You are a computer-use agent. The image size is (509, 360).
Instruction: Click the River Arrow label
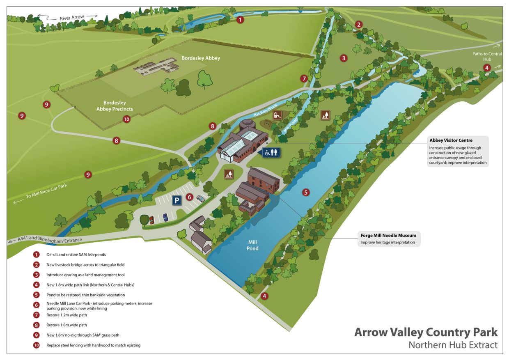coord(72,18)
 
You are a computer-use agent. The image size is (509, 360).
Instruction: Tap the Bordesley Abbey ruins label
coord(201,58)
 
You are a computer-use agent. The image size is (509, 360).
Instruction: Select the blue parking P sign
coord(176,200)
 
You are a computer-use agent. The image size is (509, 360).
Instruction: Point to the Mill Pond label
coord(252,245)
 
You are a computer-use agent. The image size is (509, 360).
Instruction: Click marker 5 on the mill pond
coord(306,192)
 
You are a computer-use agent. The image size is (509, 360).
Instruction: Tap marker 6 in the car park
coord(189,197)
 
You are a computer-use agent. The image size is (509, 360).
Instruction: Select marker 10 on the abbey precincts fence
coord(126,119)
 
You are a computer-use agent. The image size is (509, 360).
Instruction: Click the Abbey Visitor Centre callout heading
coord(451,140)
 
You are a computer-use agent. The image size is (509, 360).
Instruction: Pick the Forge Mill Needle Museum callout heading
coord(388,236)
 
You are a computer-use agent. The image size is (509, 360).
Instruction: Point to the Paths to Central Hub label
coord(487,56)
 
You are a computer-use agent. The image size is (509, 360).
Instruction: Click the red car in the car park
coord(151,220)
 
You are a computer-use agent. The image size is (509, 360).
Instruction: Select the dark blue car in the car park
coord(165,217)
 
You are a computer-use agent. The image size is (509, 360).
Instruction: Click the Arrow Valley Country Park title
coord(426,332)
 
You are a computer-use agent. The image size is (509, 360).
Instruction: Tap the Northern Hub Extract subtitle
coord(453,345)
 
